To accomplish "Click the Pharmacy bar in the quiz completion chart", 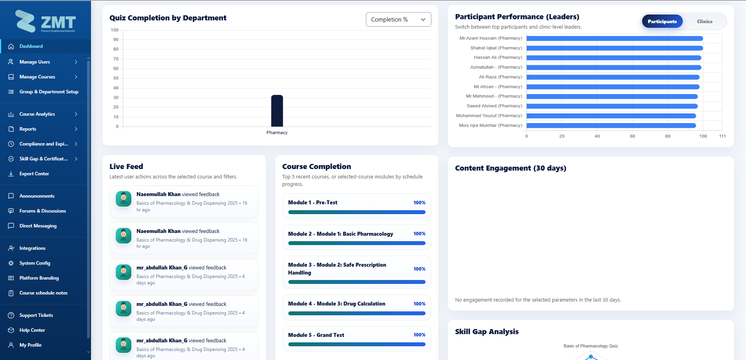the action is pos(277,111).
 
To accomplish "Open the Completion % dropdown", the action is pos(398,20).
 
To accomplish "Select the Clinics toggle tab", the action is pos(704,22).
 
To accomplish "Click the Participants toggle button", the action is pos(662,22).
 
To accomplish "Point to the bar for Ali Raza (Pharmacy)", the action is pos(613,77).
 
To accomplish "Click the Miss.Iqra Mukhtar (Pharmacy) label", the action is pos(490,125).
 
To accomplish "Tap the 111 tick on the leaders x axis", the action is pos(722,136).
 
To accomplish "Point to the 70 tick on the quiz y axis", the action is pos(116,59).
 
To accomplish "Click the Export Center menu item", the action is pos(34,174).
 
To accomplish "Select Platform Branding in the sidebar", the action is pos(39,278).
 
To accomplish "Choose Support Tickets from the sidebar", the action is pos(36,315).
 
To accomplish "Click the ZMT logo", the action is pos(45,22).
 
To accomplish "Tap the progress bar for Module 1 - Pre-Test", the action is pos(357,212).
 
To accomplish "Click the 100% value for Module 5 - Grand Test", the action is pos(419,335).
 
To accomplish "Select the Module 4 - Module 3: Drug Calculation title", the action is pos(337,304).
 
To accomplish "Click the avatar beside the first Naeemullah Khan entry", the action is pos(124,199).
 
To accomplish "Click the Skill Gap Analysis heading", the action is pos(487,332).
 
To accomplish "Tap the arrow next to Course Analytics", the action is pos(76,114).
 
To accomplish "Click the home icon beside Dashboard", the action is pos(11,46).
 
